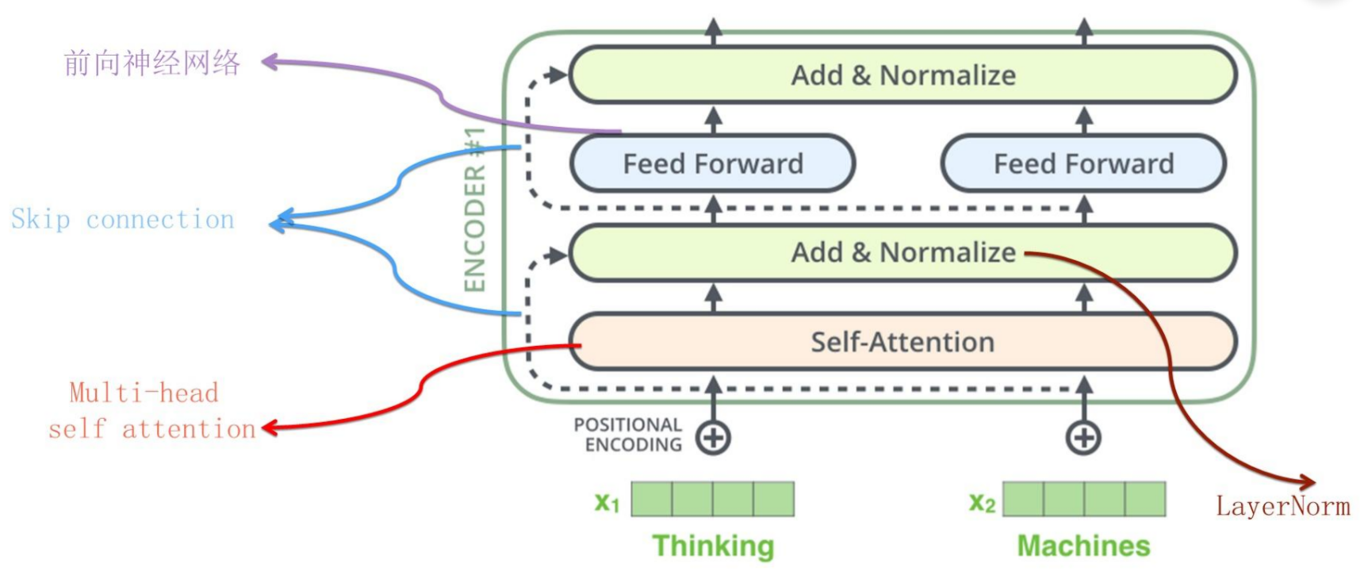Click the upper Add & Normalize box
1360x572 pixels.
click(902, 75)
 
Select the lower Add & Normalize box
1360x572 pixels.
click(902, 252)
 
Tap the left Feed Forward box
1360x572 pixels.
click(712, 163)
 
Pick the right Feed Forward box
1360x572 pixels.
click(1083, 163)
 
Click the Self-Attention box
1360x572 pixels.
click(902, 342)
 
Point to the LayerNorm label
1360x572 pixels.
click(1282, 506)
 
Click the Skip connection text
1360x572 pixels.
click(123, 219)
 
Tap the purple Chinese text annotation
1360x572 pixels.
click(151, 63)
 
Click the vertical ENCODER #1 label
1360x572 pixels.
click(474, 209)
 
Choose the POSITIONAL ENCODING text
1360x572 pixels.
click(628, 435)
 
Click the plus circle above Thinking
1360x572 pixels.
click(713, 438)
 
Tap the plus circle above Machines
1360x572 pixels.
click(1083, 438)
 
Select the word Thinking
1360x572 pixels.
click(712, 546)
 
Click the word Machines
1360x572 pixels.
click(1083, 546)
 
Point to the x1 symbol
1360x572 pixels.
click(607, 501)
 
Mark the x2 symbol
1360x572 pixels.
click(982, 501)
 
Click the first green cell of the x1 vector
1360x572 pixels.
click(652, 499)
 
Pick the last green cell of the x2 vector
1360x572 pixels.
click(1144, 499)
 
